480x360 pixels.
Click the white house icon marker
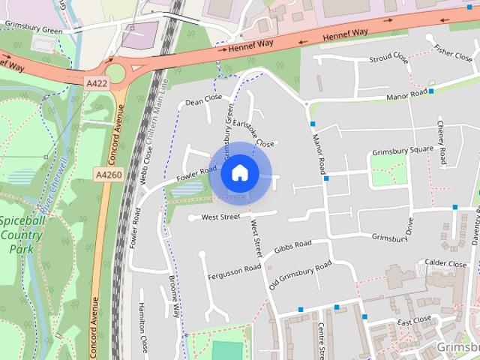(239, 173)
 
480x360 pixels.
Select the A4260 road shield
(108, 175)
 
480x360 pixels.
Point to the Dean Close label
(204, 98)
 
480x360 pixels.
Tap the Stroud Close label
(390, 57)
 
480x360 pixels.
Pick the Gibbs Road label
(292, 245)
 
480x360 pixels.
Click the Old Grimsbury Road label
(300, 275)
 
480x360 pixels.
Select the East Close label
(414, 320)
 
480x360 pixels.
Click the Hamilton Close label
(142, 327)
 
